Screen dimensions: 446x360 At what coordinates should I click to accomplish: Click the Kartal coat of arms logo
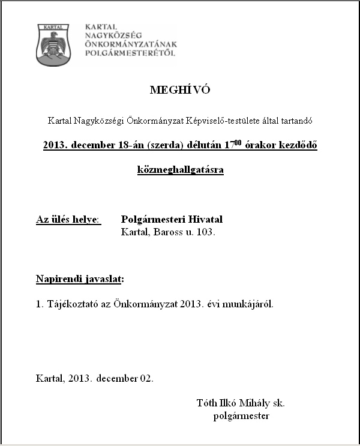tap(53, 44)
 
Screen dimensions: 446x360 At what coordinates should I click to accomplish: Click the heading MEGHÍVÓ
tap(180, 91)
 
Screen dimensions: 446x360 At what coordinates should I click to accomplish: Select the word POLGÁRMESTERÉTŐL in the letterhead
tap(131, 53)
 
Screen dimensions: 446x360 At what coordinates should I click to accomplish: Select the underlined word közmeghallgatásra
tap(180, 170)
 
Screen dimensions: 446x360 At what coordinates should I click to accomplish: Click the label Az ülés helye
tap(68, 220)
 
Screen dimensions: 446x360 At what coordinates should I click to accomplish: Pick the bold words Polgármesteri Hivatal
tap(172, 220)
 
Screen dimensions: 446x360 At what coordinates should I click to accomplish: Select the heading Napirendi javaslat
tap(80, 279)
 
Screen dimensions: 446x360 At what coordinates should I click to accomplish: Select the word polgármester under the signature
tap(241, 415)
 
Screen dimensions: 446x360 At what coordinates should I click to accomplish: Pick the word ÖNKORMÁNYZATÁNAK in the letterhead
tap(131, 45)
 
